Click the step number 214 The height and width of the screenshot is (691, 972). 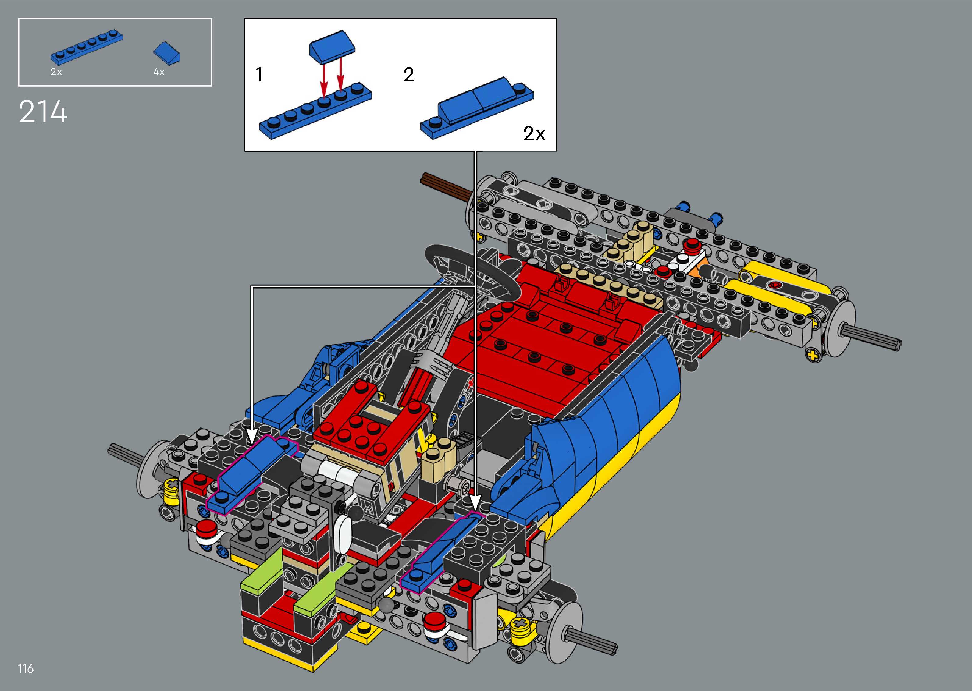pyautogui.click(x=43, y=112)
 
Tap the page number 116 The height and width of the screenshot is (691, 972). pyautogui.click(x=26, y=668)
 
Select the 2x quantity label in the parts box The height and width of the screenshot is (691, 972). pyautogui.click(x=56, y=72)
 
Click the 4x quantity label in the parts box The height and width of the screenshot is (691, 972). pyautogui.click(x=159, y=72)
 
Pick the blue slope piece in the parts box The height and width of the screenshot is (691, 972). pyautogui.click(x=167, y=54)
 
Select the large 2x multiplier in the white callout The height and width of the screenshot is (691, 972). pyautogui.click(x=534, y=134)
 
